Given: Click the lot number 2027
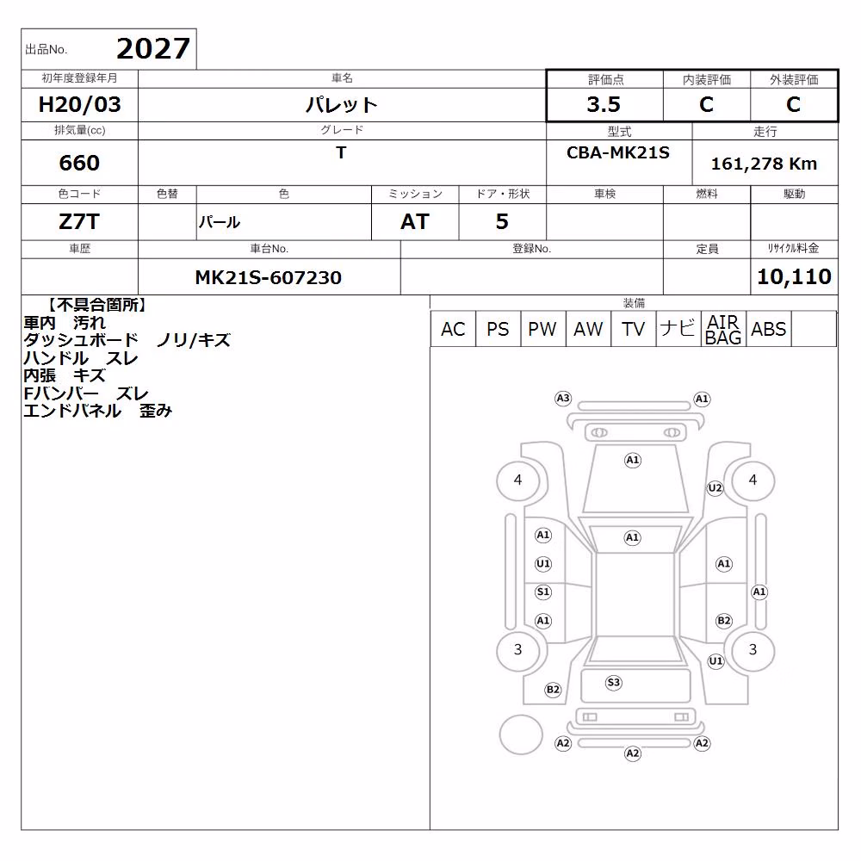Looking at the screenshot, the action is (153, 49).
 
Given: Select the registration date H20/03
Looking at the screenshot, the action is (79, 104).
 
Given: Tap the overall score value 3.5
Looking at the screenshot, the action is (604, 104).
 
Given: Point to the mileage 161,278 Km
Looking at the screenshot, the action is (764, 164).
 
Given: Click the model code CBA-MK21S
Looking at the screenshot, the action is (617, 152).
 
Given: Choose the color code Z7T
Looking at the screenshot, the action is (79, 222).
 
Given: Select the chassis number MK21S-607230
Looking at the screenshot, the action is (269, 277).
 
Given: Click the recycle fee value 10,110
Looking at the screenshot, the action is (794, 276).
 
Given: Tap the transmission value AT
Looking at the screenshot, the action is (415, 222).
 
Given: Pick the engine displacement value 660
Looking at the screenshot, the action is (79, 163).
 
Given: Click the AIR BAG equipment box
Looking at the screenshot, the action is (723, 329).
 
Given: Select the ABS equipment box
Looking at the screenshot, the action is (769, 329).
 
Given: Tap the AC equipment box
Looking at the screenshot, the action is (453, 329).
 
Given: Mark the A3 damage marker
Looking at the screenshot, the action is (563, 398).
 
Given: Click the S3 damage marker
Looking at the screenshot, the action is (613, 683).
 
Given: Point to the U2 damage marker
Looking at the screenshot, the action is (715, 487).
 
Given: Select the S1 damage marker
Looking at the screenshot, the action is (543, 592).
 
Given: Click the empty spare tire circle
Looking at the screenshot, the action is (521, 734).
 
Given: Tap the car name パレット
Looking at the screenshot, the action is (342, 104).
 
